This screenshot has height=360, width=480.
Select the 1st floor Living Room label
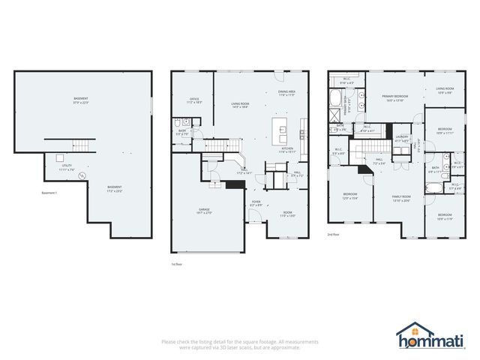tap(240, 106)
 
